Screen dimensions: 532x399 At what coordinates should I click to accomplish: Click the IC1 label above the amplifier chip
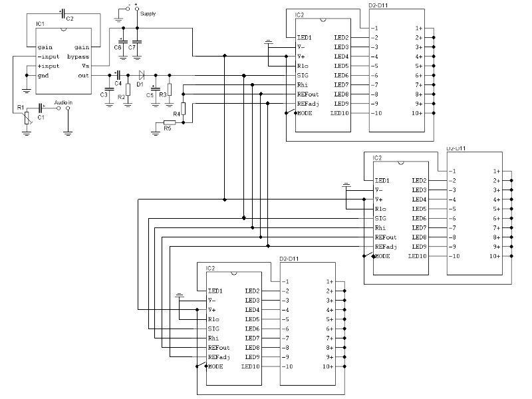pyautogui.click(x=40, y=24)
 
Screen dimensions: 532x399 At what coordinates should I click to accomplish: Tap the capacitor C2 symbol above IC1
pyautogui.click(x=63, y=14)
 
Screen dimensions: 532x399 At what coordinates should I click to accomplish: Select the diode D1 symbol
pyautogui.click(x=142, y=75)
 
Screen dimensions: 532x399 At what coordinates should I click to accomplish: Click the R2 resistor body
pyautogui.click(x=128, y=90)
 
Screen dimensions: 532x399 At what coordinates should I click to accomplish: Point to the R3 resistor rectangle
pyautogui.click(x=170, y=89)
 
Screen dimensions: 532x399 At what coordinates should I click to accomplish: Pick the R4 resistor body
pyautogui.click(x=184, y=108)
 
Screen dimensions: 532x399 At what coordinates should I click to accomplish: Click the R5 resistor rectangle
pyautogui.click(x=170, y=122)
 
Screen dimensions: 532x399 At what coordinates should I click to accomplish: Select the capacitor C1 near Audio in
pyautogui.click(x=41, y=108)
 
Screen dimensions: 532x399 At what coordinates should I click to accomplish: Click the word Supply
pyautogui.click(x=148, y=14)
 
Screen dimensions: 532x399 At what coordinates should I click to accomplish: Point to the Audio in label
pyautogui.click(x=63, y=102)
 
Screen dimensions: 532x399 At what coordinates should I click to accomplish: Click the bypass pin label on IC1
pyautogui.click(x=78, y=57)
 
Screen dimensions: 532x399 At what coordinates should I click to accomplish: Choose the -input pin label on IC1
pyautogui.click(x=48, y=57)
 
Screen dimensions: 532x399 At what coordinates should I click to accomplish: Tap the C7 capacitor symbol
pyautogui.click(x=137, y=42)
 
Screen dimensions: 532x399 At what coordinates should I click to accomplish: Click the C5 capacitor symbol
pyautogui.click(x=156, y=89)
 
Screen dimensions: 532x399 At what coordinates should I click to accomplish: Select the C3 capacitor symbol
pyautogui.click(x=109, y=89)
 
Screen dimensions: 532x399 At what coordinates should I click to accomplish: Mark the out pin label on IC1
pyautogui.click(x=84, y=76)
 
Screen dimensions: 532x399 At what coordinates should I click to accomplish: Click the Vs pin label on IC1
pyautogui.click(x=85, y=66)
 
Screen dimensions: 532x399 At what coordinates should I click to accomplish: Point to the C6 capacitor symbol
pyautogui.click(x=123, y=42)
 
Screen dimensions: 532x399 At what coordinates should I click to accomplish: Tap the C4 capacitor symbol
pyautogui.click(x=118, y=75)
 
